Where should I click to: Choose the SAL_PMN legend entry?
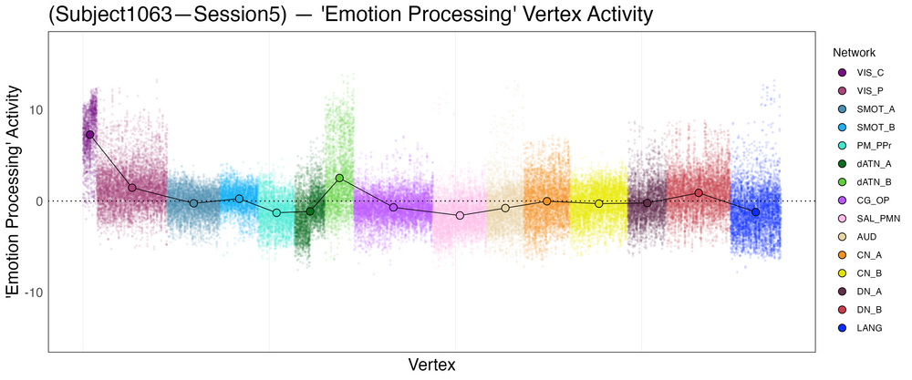coord(869,218)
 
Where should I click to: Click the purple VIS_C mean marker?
coord(89,134)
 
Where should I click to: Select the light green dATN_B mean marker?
coord(339,178)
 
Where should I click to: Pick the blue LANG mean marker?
coord(755,211)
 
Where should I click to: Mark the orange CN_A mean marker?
coord(547,200)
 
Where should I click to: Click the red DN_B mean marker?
coord(699,192)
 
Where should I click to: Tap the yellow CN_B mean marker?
coord(598,203)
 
